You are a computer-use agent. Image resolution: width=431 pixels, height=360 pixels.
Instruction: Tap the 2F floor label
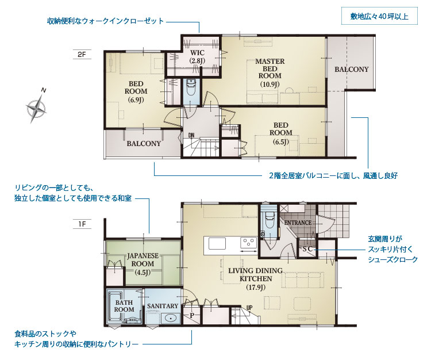tap(82, 54)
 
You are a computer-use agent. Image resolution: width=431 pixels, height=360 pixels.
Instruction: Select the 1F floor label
tap(82, 224)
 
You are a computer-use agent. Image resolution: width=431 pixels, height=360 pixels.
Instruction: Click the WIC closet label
tap(197, 56)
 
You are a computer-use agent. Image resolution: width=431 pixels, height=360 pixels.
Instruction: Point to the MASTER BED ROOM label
tap(270, 72)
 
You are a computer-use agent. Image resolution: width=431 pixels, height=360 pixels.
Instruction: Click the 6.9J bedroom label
tap(136, 91)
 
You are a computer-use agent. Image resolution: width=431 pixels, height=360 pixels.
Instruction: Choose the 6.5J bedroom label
tap(280, 133)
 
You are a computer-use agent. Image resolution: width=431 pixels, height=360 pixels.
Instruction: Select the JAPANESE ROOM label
tap(143, 264)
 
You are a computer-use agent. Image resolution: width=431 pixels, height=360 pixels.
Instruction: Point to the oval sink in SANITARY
tap(171, 318)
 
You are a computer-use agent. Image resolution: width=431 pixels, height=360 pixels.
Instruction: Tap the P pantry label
tap(192, 315)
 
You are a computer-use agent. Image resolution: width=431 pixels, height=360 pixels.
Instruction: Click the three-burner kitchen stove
tap(248, 243)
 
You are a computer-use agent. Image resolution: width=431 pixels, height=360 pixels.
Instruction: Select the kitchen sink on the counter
tap(217, 244)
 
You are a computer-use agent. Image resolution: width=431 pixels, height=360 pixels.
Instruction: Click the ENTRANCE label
tap(298, 223)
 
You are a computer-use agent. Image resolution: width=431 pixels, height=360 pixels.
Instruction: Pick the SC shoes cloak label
tap(307, 249)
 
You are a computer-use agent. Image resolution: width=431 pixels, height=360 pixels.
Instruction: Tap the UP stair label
tap(249, 308)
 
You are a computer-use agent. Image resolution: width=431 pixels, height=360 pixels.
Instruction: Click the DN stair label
tap(191, 135)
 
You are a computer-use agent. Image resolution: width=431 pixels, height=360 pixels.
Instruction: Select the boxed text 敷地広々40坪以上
tap(379, 16)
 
